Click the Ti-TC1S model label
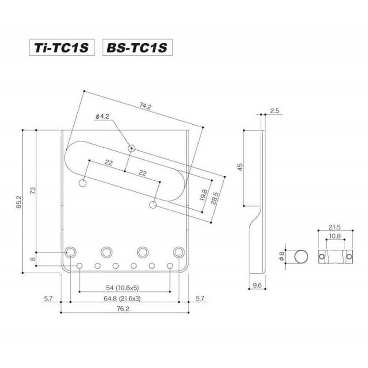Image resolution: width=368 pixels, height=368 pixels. [62, 47]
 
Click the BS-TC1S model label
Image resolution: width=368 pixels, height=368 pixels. [137, 47]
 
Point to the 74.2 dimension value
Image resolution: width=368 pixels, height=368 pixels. [145, 106]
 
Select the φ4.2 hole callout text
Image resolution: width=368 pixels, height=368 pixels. [103, 116]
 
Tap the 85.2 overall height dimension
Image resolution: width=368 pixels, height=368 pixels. [19, 202]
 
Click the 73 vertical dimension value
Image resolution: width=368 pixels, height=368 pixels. [33, 190]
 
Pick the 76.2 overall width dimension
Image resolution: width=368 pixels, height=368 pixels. [123, 309]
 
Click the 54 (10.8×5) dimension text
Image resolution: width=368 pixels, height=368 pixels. [122, 287]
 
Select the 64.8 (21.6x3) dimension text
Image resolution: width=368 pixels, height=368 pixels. [122, 298]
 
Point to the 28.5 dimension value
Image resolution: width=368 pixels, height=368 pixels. [214, 198]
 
